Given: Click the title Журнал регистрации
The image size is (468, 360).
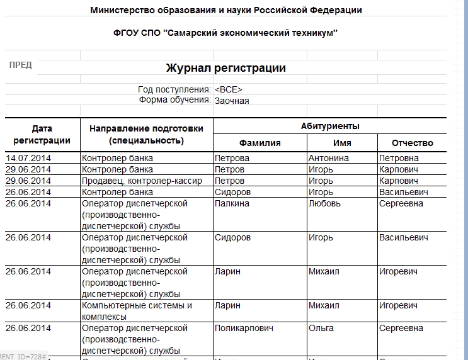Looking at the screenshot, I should (225, 68).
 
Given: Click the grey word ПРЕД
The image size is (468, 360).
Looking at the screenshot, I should (21, 65).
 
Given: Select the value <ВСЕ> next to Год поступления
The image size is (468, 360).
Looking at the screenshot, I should (228, 89).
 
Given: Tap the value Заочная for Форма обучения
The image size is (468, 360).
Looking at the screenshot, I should (232, 100).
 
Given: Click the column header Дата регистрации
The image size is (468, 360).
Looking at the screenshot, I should (42, 134).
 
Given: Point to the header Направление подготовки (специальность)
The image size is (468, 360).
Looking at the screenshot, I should (146, 134).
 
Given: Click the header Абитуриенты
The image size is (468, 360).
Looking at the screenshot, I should (330, 126).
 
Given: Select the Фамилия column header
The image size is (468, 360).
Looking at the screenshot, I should (260, 143).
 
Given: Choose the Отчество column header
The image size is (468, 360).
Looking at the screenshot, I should (412, 143).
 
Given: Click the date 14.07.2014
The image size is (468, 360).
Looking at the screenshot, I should (28, 158).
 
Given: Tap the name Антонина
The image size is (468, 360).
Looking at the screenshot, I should (328, 158).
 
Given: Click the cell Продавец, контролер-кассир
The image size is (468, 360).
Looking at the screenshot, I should (142, 181).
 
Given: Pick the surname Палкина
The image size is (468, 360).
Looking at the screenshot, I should (232, 203).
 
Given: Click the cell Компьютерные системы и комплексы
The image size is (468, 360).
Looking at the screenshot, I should (137, 311).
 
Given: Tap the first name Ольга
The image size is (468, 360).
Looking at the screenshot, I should (321, 328).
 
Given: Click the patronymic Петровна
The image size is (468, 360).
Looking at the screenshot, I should (402, 158).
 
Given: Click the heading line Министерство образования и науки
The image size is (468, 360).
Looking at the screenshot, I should (225, 10).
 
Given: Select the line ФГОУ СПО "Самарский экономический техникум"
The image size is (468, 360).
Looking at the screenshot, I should (225, 33).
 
